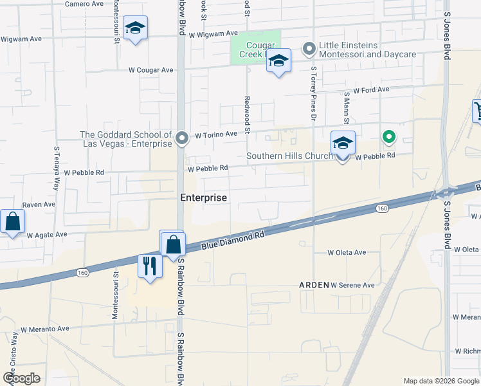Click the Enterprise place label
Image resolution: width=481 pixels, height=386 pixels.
tap(203, 198)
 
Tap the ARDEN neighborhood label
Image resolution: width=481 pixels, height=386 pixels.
tap(314, 284)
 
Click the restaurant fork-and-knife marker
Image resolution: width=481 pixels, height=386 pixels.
tap(150, 266)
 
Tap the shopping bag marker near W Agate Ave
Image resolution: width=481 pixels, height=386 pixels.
tap(13, 222)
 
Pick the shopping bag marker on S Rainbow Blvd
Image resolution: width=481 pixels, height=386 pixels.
tap(173, 245)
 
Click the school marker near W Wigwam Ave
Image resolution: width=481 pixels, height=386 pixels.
tap(135, 28)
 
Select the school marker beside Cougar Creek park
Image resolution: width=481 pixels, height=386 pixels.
tap(278, 62)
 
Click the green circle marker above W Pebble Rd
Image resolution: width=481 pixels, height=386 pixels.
tap(388, 136)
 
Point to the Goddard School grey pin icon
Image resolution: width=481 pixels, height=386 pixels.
tap(182, 138)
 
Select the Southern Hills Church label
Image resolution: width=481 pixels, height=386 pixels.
tap(291, 156)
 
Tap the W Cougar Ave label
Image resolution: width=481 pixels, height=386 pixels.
tap(151, 69)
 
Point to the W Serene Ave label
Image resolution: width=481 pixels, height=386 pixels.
tap(352, 284)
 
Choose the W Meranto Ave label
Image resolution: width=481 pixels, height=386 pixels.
tap(44, 329)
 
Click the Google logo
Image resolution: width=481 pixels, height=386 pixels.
tap(22, 378)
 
